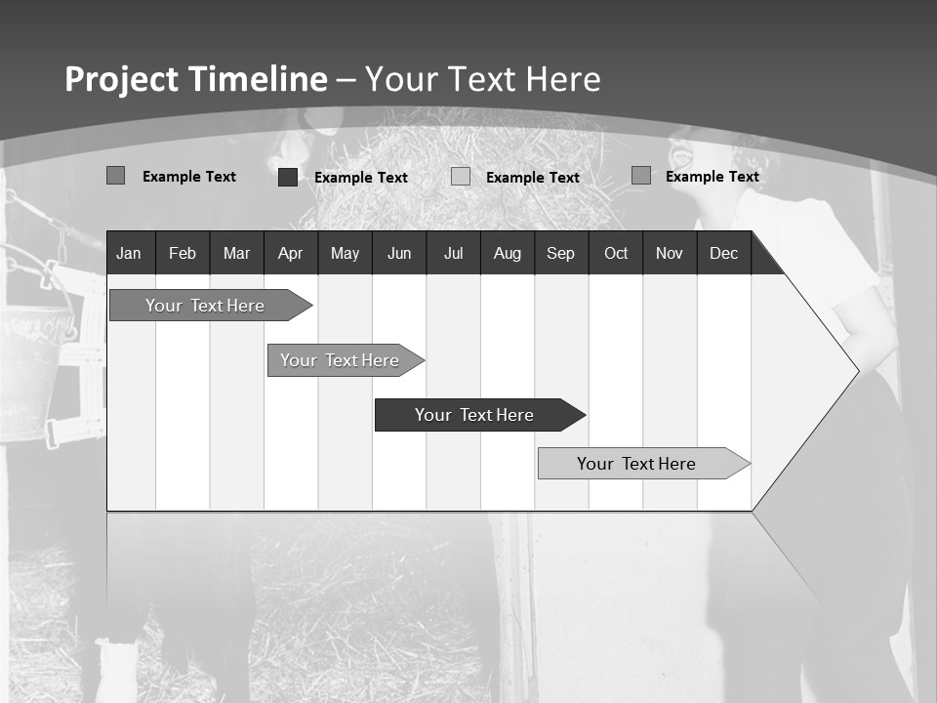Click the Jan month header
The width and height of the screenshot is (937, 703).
tap(129, 254)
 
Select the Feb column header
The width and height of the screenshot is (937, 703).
tap(183, 254)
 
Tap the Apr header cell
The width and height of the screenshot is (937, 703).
tap(290, 254)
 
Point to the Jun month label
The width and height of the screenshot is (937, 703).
tap(399, 254)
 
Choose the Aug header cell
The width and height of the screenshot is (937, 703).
tap(507, 254)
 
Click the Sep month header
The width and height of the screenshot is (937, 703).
tap(560, 254)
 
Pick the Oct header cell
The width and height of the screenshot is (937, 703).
tap(616, 254)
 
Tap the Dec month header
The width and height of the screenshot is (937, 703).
tap(723, 254)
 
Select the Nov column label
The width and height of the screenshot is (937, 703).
tap(670, 254)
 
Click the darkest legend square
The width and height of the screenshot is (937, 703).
tap(288, 177)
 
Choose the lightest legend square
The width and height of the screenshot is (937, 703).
tap(461, 177)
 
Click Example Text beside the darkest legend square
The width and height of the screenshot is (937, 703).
tap(360, 178)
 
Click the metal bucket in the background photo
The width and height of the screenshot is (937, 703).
tap(34, 356)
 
